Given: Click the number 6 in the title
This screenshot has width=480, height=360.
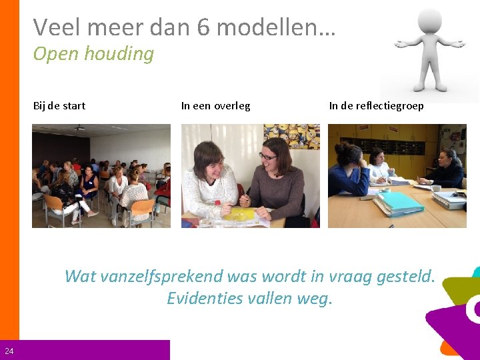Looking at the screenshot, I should pos(205,27).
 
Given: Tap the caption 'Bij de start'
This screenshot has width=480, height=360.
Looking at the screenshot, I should pos(59,105).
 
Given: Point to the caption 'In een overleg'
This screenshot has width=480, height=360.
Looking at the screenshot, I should pos(215,105).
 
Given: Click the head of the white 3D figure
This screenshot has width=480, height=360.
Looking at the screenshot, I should pos(429,21).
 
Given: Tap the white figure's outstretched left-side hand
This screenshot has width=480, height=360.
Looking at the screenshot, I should pos(402,44).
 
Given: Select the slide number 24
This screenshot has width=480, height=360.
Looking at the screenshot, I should pos(9,351).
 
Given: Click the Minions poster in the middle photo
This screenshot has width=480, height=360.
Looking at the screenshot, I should pos(301,137).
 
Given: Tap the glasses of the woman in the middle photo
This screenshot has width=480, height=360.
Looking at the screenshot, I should pos(268,156).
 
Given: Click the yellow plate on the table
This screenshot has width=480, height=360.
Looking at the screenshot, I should pos(240,214).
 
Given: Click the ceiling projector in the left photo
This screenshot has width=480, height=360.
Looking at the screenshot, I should pos(79,127).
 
